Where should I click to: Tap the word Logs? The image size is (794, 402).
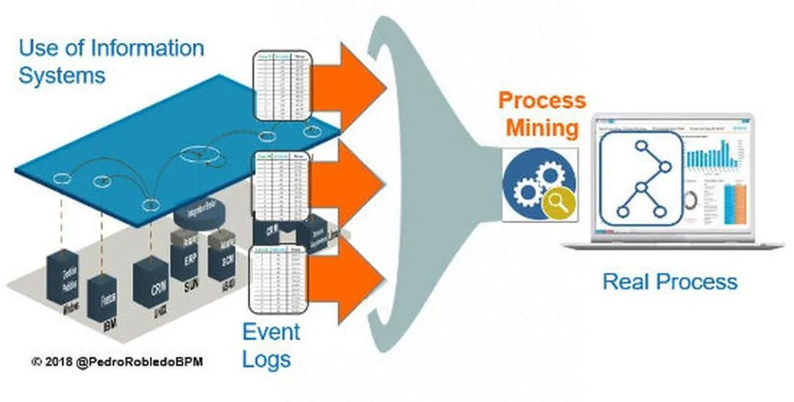pyautogui.click(x=266, y=359)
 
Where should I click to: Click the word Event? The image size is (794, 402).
pyautogui.click(x=272, y=332)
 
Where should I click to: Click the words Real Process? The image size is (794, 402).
pyautogui.click(x=670, y=281)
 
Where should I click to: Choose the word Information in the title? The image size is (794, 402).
pyautogui.click(x=146, y=49)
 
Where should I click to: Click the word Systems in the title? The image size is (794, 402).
pyautogui.click(x=62, y=75)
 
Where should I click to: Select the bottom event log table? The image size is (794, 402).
pyautogui.click(x=279, y=281)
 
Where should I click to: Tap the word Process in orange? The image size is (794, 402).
pyautogui.click(x=542, y=100)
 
